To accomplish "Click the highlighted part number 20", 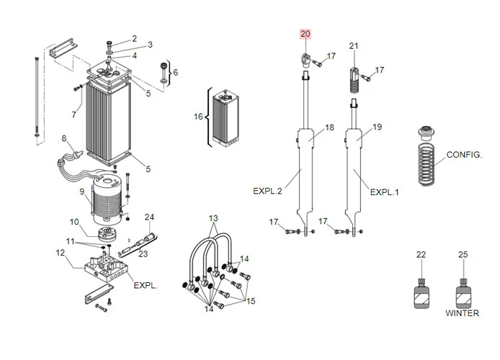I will (x=305, y=34).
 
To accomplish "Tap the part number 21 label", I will (x=354, y=46).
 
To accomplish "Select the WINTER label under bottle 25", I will (x=462, y=313).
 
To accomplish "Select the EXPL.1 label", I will (x=384, y=192).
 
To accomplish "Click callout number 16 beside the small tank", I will (x=198, y=117).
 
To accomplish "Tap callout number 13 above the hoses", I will (x=213, y=218).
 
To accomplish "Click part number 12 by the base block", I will (x=61, y=253).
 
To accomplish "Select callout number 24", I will (x=150, y=217).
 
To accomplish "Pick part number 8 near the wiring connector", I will (x=64, y=138).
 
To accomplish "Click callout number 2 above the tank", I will (x=134, y=38).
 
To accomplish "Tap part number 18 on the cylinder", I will (x=330, y=127).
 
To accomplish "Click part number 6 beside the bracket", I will (x=175, y=72).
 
